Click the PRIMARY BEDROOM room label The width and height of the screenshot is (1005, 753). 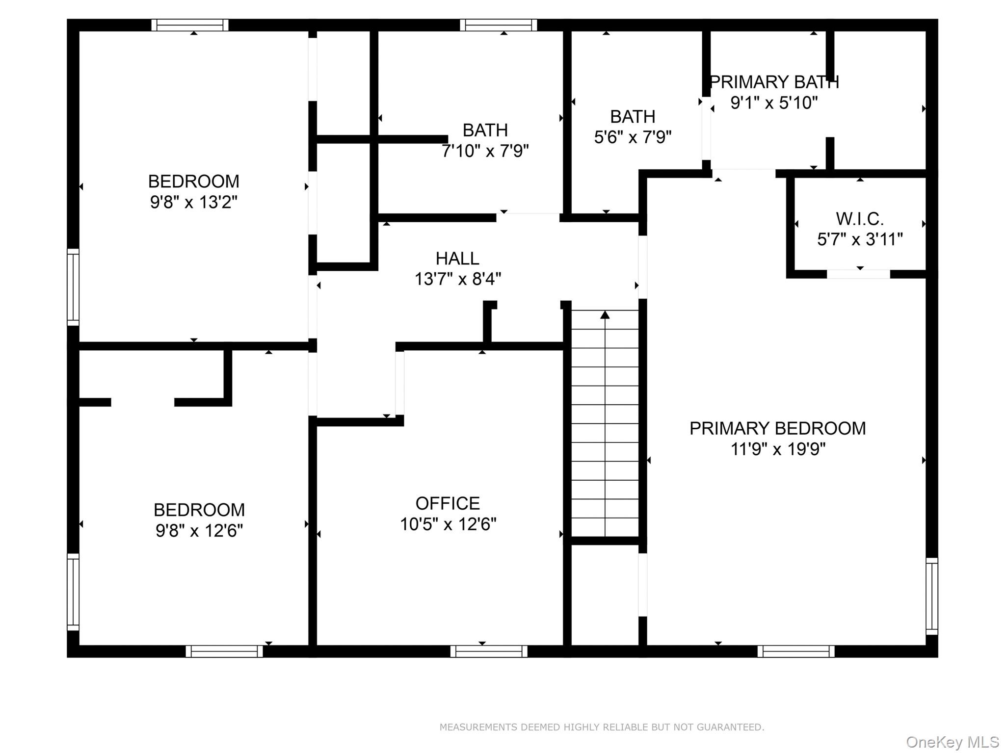pyautogui.click(x=777, y=428)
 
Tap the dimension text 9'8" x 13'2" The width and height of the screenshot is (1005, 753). pyautogui.click(x=193, y=202)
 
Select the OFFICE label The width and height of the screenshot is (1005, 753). pyautogui.click(x=448, y=503)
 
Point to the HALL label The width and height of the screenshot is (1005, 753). pyautogui.click(x=457, y=259)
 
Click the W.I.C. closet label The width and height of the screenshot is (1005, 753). pyautogui.click(x=860, y=218)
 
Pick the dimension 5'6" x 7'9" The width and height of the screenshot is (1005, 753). pyautogui.click(x=633, y=137)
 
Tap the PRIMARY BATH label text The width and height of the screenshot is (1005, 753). pyautogui.click(x=774, y=82)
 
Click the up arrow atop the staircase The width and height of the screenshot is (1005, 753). pyautogui.click(x=605, y=315)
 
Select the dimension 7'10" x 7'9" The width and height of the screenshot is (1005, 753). pyautogui.click(x=485, y=151)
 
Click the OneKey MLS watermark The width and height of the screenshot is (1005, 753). pyautogui.click(x=952, y=742)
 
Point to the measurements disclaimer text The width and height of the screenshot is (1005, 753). pyautogui.click(x=602, y=727)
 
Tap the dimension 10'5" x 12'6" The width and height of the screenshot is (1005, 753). pyautogui.click(x=448, y=524)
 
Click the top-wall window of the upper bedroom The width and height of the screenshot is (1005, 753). pyautogui.click(x=190, y=25)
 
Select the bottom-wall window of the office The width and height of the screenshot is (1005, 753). pyautogui.click(x=489, y=651)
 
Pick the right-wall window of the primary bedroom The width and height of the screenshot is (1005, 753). pyautogui.click(x=931, y=596)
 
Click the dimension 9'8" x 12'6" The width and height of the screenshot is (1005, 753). pyautogui.click(x=199, y=531)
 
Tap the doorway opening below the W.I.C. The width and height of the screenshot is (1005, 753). pyautogui.click(x=858, y=274)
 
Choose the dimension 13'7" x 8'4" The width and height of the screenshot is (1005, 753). pyautogui.click(x=457, y=280)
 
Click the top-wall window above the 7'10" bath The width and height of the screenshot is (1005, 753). pyautogui.click(x=498, y=25)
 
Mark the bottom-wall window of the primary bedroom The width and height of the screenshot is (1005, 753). pyautogui.click(x=795, y=651)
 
